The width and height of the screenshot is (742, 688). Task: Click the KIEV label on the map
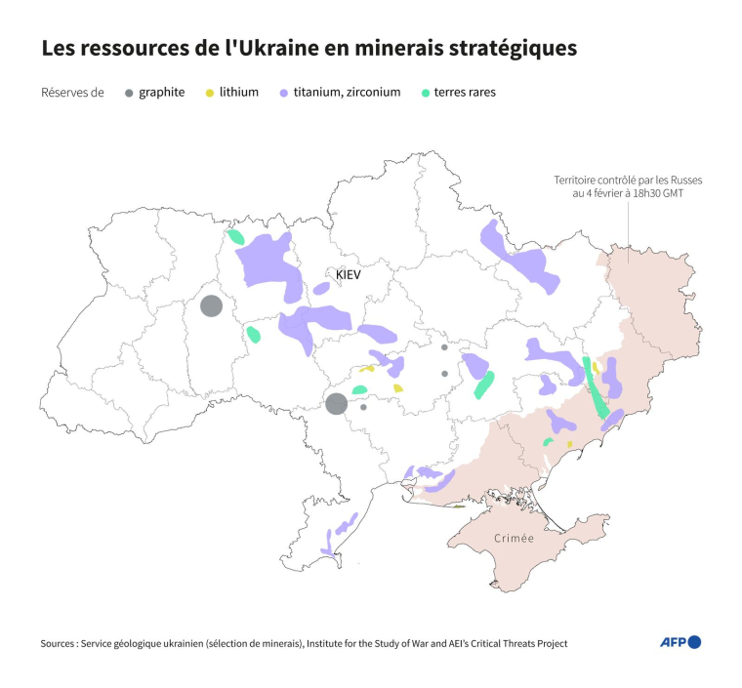(x=349, y=275)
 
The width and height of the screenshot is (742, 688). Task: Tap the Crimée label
(x=514, y=539)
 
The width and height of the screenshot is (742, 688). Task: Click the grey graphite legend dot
(x=128, y=93)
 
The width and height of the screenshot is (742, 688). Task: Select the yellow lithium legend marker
(x=209, y=93)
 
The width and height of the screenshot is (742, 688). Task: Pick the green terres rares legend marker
(x=425, y=93)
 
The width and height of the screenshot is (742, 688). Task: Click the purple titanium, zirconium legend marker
(x=283, y=93)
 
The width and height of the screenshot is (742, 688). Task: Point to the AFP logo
(x=680, y=642)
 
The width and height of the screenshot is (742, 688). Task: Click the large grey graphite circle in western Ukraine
(x=211, y=305)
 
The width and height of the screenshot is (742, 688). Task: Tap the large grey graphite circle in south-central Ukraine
(x=336, y=403)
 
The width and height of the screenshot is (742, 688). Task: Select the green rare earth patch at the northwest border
(x=235, y=236)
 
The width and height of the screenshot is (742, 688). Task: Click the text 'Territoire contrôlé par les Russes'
(x=628, y=181)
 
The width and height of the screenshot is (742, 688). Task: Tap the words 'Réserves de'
(x=73, y=93)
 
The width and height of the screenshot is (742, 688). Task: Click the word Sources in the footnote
(x=62, y=643)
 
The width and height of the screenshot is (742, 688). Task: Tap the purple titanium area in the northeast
(x=522, y=260)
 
